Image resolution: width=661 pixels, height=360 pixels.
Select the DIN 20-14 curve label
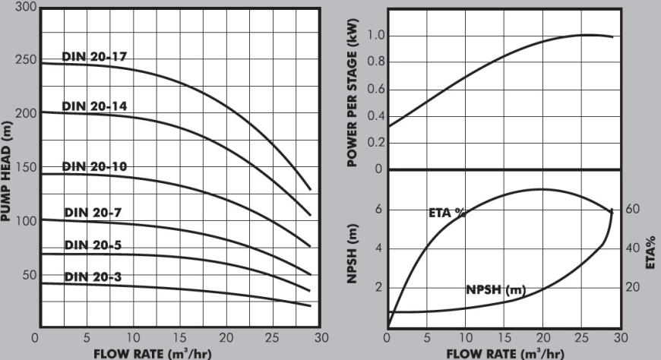click(93, 106)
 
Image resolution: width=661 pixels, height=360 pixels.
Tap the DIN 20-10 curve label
click(93, 166)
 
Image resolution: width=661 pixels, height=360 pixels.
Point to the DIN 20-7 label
click(93, 213)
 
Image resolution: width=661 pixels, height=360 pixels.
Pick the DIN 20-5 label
click(93, 245)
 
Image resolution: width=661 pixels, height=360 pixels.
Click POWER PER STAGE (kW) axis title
click(353, 92)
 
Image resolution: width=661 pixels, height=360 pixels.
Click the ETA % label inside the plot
click(447, 213)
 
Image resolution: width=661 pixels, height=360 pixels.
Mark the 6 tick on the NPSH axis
click(378, 210)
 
